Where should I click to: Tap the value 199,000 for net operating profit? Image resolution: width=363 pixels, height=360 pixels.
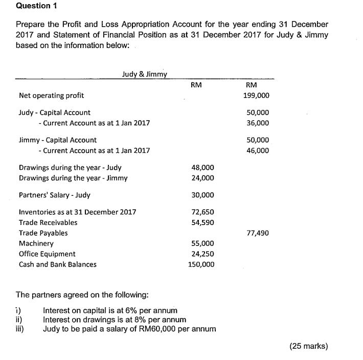pyautogui.click(x=257, y=96)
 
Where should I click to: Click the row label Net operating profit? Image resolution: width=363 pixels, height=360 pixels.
pyautogui.click(x=51, y=96)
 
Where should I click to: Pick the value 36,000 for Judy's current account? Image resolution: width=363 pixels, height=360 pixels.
pyautogui.click(x=257, y=123)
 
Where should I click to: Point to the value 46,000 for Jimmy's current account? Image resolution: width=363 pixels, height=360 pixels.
pyautogui.click(x=257, y=151)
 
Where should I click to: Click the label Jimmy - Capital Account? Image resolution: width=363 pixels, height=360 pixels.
pyautogui.click(x=57, y=140)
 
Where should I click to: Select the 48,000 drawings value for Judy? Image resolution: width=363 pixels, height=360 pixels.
pyautogui.click(x=202, y=168)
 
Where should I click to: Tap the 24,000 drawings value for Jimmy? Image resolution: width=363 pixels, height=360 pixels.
pyautogui.click(x=202, y=178)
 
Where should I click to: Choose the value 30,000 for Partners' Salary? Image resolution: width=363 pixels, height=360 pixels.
pyautogui.click(x=202, y=195)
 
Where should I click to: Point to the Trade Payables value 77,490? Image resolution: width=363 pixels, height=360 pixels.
pyautogui.click(x=257, y=233)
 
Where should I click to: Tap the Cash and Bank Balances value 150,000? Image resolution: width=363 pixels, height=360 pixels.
pyautogui.click(x=200, y=264)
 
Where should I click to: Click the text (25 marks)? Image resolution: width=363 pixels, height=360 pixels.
pyautogui.click(x=308, y=346)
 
